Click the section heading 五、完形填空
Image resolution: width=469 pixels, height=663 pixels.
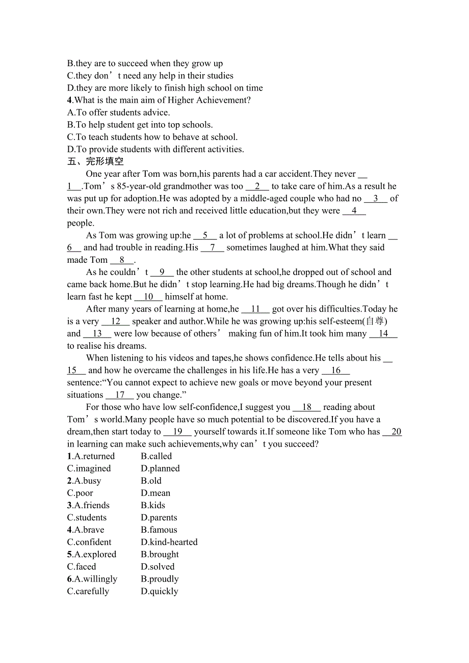point(95,161)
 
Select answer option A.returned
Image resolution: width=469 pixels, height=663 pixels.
point(91,456)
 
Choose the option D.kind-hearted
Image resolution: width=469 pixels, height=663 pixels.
point(169,542)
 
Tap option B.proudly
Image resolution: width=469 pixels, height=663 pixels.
point(160,579)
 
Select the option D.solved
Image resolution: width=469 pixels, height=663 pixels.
point(158,567)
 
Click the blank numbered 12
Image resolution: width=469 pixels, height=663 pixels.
point(116,321)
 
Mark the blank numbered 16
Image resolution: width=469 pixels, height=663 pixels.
point(336,370)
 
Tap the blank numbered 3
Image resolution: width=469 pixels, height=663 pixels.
point(376,199)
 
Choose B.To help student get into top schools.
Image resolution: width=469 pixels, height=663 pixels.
point(140,125)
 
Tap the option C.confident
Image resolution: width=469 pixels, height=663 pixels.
point(89,542)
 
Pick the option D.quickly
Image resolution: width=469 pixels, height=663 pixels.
point(160,591)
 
